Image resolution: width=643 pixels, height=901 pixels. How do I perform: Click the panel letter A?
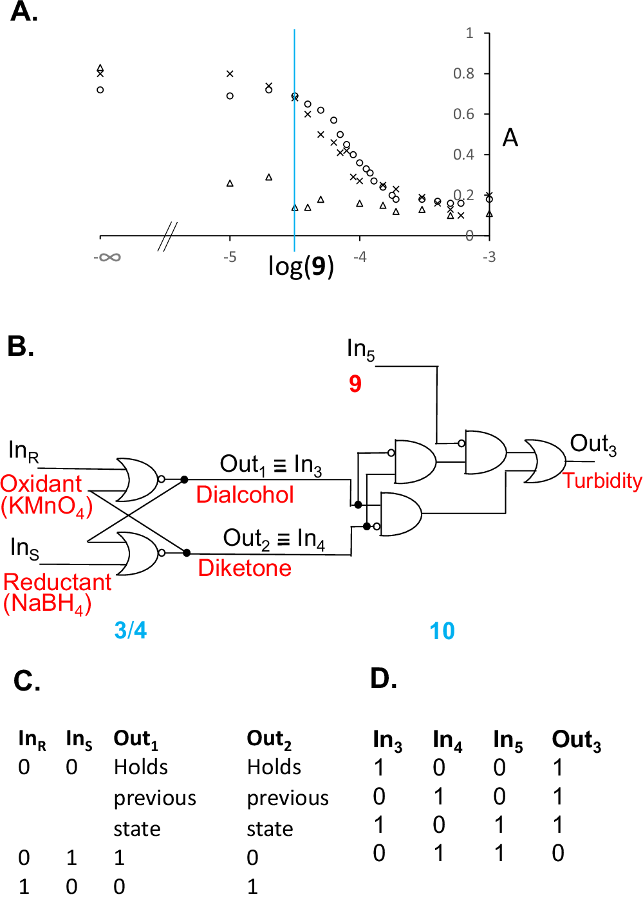tap(24, 12)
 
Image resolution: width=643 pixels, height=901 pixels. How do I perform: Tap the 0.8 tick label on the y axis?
tap(463, 73)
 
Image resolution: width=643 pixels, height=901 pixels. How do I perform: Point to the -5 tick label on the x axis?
tap(230, 257)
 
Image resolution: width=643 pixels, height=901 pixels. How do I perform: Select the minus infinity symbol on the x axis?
tap(107, 258)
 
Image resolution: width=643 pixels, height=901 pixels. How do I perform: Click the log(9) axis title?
tap(301, 266)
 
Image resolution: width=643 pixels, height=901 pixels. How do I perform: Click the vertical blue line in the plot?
tap(295, 161)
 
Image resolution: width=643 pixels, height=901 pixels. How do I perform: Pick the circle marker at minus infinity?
tap(100, 89)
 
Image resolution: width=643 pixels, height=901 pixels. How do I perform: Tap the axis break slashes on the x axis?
tap(167, 236)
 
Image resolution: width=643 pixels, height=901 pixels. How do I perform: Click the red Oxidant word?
tap(41, 484)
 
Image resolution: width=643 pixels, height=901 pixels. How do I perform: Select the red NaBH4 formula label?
tap(47, 604)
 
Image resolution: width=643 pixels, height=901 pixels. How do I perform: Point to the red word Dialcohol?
tap(245, 494)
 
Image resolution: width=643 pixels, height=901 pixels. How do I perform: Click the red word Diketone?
tap(245, 568)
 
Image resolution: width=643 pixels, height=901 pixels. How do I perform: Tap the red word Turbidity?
tap(602, 481)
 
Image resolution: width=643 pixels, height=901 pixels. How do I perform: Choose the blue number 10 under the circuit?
tap(442, 631)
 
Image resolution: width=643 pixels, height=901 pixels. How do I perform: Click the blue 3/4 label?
tap(131, 630)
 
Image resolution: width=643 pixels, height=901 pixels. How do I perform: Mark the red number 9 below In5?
tap(355, 384)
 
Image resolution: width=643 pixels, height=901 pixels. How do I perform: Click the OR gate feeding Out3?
tap(545, 461)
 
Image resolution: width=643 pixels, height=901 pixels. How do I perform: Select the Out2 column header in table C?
tap(269, 739)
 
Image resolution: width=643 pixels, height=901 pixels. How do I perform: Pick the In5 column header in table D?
tap(508, 741)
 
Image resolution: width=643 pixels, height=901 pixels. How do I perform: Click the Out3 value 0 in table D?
tap(558, 853)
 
